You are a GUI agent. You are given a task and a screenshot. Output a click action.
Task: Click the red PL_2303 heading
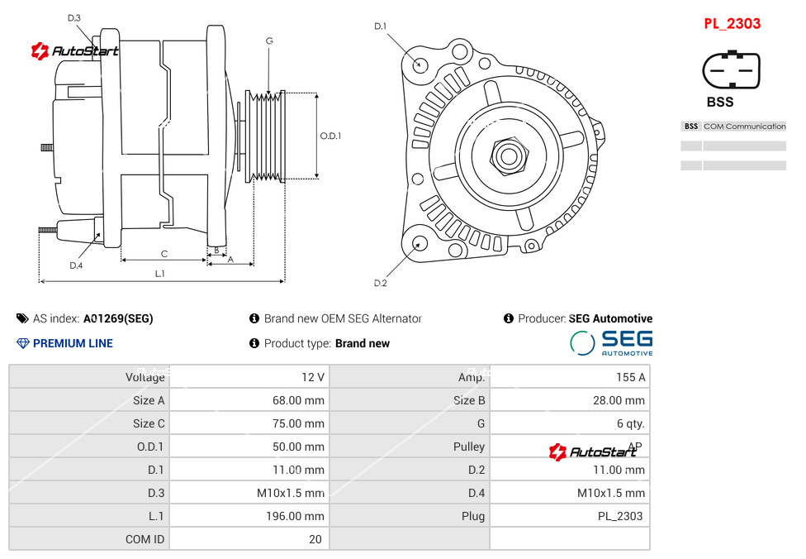732,24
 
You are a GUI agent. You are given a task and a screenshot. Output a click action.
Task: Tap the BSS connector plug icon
731,71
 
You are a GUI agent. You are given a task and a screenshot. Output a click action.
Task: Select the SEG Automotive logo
611,342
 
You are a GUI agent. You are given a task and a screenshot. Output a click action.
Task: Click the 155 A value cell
630,377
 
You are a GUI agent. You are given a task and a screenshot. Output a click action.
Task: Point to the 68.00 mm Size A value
304,400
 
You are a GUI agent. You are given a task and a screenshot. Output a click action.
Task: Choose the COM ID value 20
315,539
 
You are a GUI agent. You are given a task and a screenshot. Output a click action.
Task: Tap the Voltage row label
145,377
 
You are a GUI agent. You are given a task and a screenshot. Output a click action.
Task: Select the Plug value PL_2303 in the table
619,516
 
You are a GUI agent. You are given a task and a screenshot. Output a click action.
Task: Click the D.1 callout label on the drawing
380,26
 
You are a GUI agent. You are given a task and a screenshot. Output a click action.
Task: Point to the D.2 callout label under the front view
380,284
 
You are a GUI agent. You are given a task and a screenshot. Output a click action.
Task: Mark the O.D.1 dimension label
330,136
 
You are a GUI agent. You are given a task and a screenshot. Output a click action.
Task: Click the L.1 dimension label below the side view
160,274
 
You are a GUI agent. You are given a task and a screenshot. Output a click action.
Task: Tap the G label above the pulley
269,41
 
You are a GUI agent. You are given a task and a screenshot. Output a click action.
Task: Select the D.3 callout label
74,17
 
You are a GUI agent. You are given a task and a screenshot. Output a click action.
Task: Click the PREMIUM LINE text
73,343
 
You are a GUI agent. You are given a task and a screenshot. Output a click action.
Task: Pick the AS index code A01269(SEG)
118,318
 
